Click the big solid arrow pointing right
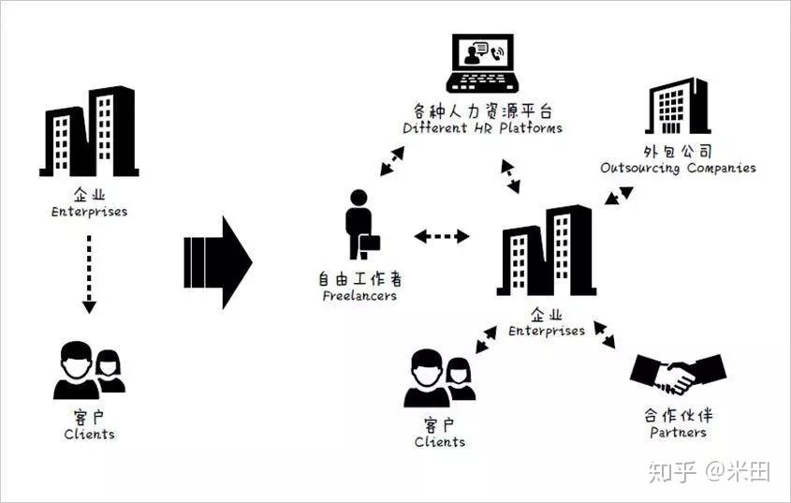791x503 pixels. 218,260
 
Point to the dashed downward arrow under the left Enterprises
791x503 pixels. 89,273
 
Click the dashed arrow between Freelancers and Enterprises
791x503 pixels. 442,236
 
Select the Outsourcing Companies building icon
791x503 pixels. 678,106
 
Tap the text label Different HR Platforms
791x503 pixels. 482,127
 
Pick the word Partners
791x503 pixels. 678,433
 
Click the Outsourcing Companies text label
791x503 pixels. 678,169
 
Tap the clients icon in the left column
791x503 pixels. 89,370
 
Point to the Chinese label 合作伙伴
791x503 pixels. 678,415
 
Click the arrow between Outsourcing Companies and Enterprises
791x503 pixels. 618,197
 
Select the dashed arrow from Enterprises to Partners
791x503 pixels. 605,335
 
